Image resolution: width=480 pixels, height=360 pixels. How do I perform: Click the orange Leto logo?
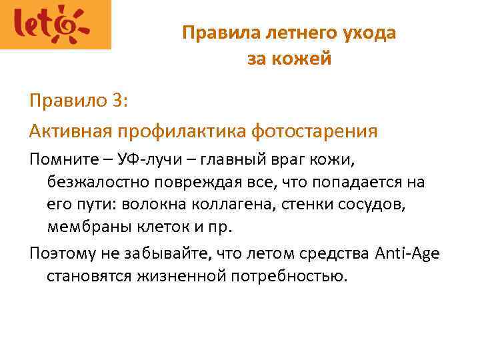[55, 25]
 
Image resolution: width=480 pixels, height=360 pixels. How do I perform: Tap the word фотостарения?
[314, 131]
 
